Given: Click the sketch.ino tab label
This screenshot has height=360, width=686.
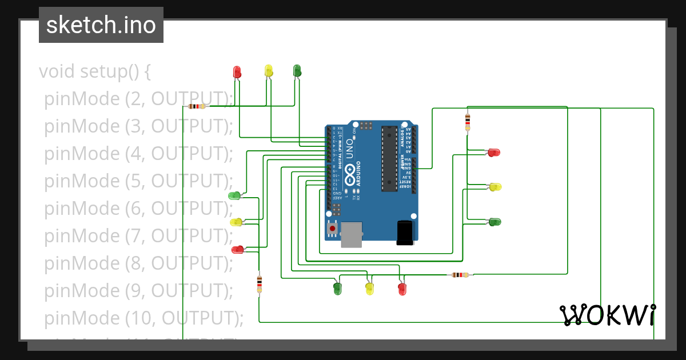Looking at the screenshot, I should click(101, 25).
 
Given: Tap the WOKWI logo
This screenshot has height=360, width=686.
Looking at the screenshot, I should click(607, 315).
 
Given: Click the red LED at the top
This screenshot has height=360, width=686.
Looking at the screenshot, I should click(237, 71).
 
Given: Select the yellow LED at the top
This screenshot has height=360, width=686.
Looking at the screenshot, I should click(269, 71).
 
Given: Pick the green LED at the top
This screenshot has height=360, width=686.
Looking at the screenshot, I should click(297, 71).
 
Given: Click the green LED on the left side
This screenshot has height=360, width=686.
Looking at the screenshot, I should click(234, 196).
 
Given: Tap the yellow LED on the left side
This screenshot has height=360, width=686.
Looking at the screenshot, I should click(236, 222).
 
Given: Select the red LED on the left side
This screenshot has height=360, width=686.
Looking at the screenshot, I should click(237, 249).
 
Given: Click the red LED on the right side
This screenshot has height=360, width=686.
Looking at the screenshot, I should click(494, 153).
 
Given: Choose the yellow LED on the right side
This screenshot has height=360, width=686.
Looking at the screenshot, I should click(496, 187).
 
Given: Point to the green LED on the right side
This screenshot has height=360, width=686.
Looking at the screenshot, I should click(495, 222).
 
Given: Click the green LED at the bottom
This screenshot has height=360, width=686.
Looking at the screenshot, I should click(337, 289).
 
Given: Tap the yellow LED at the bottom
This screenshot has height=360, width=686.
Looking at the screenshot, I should click(369, 289).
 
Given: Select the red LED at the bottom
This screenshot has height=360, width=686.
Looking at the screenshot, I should click(402, 289).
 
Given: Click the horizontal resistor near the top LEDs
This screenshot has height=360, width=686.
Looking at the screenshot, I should click(197, 106).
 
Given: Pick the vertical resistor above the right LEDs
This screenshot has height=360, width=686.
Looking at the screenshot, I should click(468, 121).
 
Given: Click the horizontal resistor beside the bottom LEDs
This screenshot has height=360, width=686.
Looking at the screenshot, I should click(460, 275).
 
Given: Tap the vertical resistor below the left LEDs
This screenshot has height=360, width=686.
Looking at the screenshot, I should click(260, 283).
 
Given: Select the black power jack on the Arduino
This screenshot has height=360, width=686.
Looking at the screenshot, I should click(405, 233).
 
